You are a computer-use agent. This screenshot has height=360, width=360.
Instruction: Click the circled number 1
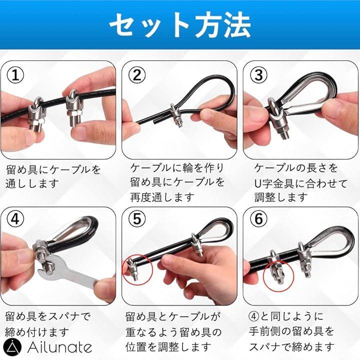[x=15, y=75]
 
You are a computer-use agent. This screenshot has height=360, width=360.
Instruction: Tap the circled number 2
[x=137, y=75]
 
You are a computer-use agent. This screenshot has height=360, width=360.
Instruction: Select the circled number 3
[x=258, y=75]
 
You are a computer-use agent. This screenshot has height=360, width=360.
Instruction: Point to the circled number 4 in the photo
[x=15, y=219]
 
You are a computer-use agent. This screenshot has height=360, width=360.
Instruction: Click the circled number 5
[x=137, y=219]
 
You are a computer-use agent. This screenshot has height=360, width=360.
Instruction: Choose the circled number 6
[x=258, y=219]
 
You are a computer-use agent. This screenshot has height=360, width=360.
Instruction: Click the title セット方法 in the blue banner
[x=180, y=25]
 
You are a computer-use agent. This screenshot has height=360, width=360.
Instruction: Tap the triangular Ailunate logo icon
[x=12, y=347]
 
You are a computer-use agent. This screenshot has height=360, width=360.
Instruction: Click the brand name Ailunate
[x=59, y=347]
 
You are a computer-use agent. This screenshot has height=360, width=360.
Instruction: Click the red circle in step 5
[x=138, y=270]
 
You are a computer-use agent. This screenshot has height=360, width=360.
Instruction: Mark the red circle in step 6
[x=278, y=276]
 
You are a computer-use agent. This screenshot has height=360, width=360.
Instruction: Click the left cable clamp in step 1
[x=36, y=113]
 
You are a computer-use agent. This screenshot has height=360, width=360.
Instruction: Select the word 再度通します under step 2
[x=162, y=197]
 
